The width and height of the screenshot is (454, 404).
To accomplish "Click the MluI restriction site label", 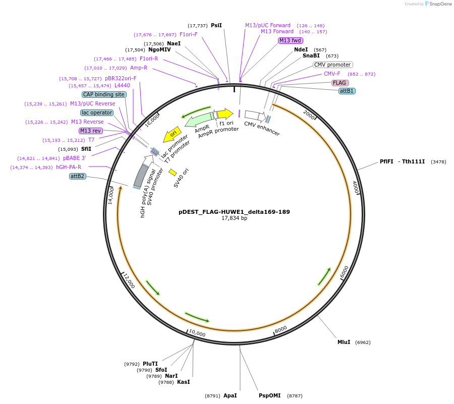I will (344, 342).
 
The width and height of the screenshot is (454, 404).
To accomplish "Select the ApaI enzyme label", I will (230, 395).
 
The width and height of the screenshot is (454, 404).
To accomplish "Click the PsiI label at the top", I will (216, 25).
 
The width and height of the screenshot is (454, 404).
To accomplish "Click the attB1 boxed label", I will (347, 91).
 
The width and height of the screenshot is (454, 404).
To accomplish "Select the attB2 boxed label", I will (77, 176).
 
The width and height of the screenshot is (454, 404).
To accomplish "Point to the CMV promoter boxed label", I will (332, 65).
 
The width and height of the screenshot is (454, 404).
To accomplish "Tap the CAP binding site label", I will (104, 94).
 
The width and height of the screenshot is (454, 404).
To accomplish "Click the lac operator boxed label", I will (97, 112).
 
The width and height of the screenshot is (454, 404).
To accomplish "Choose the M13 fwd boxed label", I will (290, 40).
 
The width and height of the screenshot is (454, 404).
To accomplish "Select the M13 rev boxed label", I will (91, 131).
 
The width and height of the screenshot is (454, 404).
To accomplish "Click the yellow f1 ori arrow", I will (225, 114).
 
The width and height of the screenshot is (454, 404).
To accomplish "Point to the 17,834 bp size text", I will (234, 218).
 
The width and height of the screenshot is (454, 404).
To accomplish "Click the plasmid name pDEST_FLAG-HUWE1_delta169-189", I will (234, 212).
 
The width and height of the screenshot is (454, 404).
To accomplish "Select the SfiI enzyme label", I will (86, 149).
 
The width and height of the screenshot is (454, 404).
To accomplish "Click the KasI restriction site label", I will (184, 382).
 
